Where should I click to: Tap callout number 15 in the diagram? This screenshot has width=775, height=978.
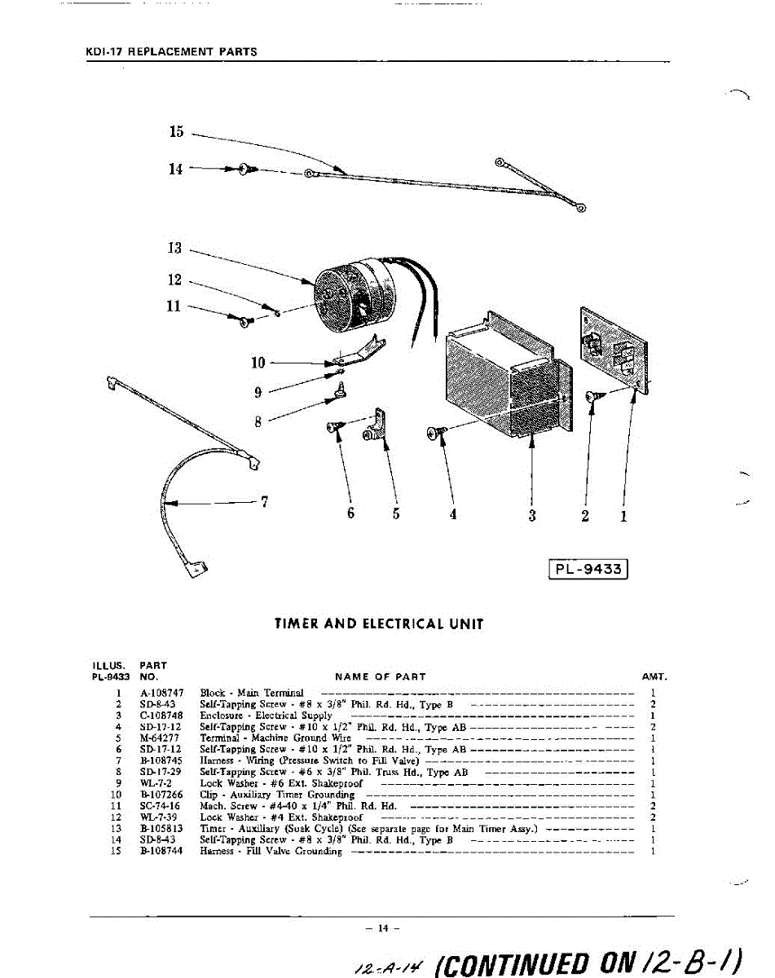177,132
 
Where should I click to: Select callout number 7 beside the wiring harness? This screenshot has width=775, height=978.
265,501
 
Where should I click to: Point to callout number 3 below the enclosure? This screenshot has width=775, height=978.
532,515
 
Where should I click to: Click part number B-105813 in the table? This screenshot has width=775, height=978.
161,828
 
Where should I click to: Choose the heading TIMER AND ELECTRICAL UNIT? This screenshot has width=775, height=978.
379,624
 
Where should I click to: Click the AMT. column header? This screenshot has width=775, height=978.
654,676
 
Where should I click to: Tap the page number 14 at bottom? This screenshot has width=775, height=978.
380,927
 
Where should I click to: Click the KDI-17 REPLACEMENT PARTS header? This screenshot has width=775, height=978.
171,51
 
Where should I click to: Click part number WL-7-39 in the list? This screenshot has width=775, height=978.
160,817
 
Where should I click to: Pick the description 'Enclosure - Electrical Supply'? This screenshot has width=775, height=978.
266,715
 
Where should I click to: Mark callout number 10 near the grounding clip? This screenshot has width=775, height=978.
258,362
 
